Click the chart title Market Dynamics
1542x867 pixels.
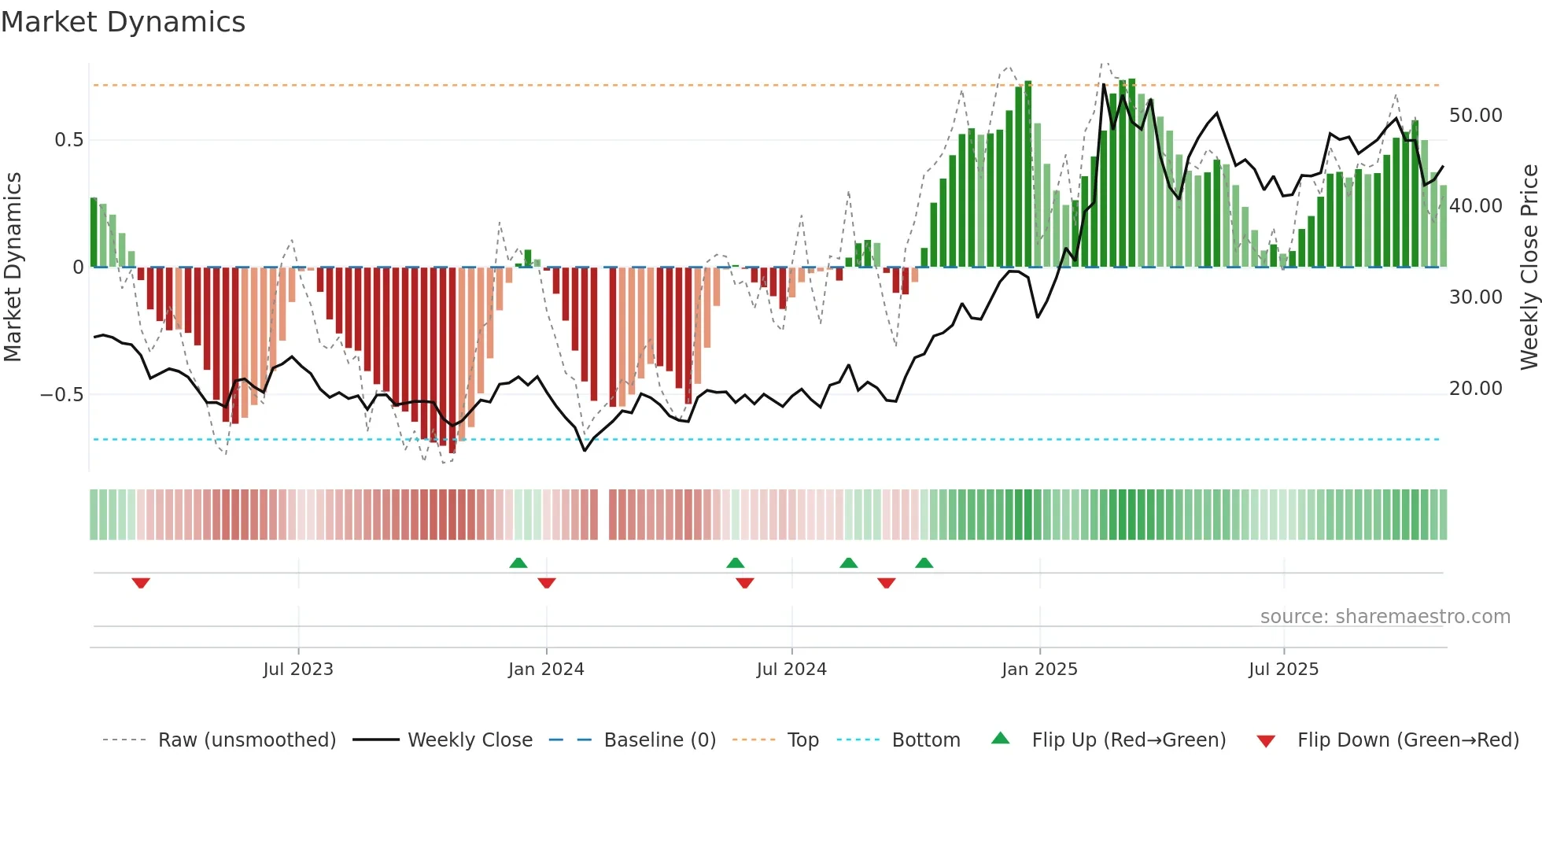coord(123,22)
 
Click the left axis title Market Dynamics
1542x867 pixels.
coord(13,267)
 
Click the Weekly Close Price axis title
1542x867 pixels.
coord(1529,267)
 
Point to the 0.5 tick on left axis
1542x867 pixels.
coord(68,140)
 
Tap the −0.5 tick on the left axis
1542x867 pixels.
coord(62,395)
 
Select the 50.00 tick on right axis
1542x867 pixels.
coord(1475,116)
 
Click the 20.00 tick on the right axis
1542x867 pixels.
coord(1475,389)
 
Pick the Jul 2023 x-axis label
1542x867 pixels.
coord(298,670)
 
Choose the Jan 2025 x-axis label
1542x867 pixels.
coord(1039,670)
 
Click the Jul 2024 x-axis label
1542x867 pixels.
coord(791,670)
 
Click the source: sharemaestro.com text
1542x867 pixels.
coord(1385,617)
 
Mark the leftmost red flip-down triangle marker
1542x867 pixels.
coord(141,583)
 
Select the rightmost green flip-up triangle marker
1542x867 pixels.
coord(924,563)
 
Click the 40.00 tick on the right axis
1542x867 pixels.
coord(1475,206)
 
